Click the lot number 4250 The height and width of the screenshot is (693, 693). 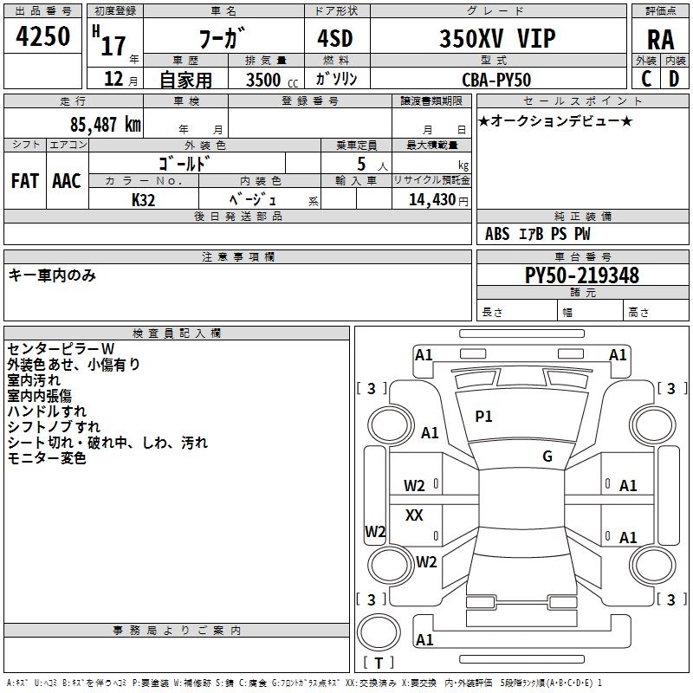[x=42, y=36]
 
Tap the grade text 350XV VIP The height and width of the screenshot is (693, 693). [x=497, y=38]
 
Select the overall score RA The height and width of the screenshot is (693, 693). [x=661, y=40]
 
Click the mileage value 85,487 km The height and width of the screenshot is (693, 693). [x=105, y=124]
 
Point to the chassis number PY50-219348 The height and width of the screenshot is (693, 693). [x=581, y=275]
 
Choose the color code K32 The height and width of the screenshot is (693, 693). [x=143, y=200]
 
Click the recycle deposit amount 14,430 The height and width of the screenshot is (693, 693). [x=431, y=200]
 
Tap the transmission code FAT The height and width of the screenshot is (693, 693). [x=25, y=181]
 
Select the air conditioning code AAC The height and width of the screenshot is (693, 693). [x=67, y=181]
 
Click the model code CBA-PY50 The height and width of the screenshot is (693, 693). [x=496, y=80]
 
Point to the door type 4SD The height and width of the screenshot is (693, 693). [x=335, y=38]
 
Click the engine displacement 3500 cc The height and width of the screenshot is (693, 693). [x=272, y=80]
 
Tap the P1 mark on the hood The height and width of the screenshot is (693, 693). [x=483, y=416]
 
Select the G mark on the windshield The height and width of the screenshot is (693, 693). [x=547, y=456]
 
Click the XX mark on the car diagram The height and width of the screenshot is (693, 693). [x=414, y=515]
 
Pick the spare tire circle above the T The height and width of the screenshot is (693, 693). [x=379, y=632]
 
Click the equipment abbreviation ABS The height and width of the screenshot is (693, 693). [x=497, y=234]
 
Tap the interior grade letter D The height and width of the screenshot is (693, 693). [x=674, y=79]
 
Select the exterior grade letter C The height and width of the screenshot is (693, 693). [x=646, y=79]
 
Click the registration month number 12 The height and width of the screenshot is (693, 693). [x=113, y=79]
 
